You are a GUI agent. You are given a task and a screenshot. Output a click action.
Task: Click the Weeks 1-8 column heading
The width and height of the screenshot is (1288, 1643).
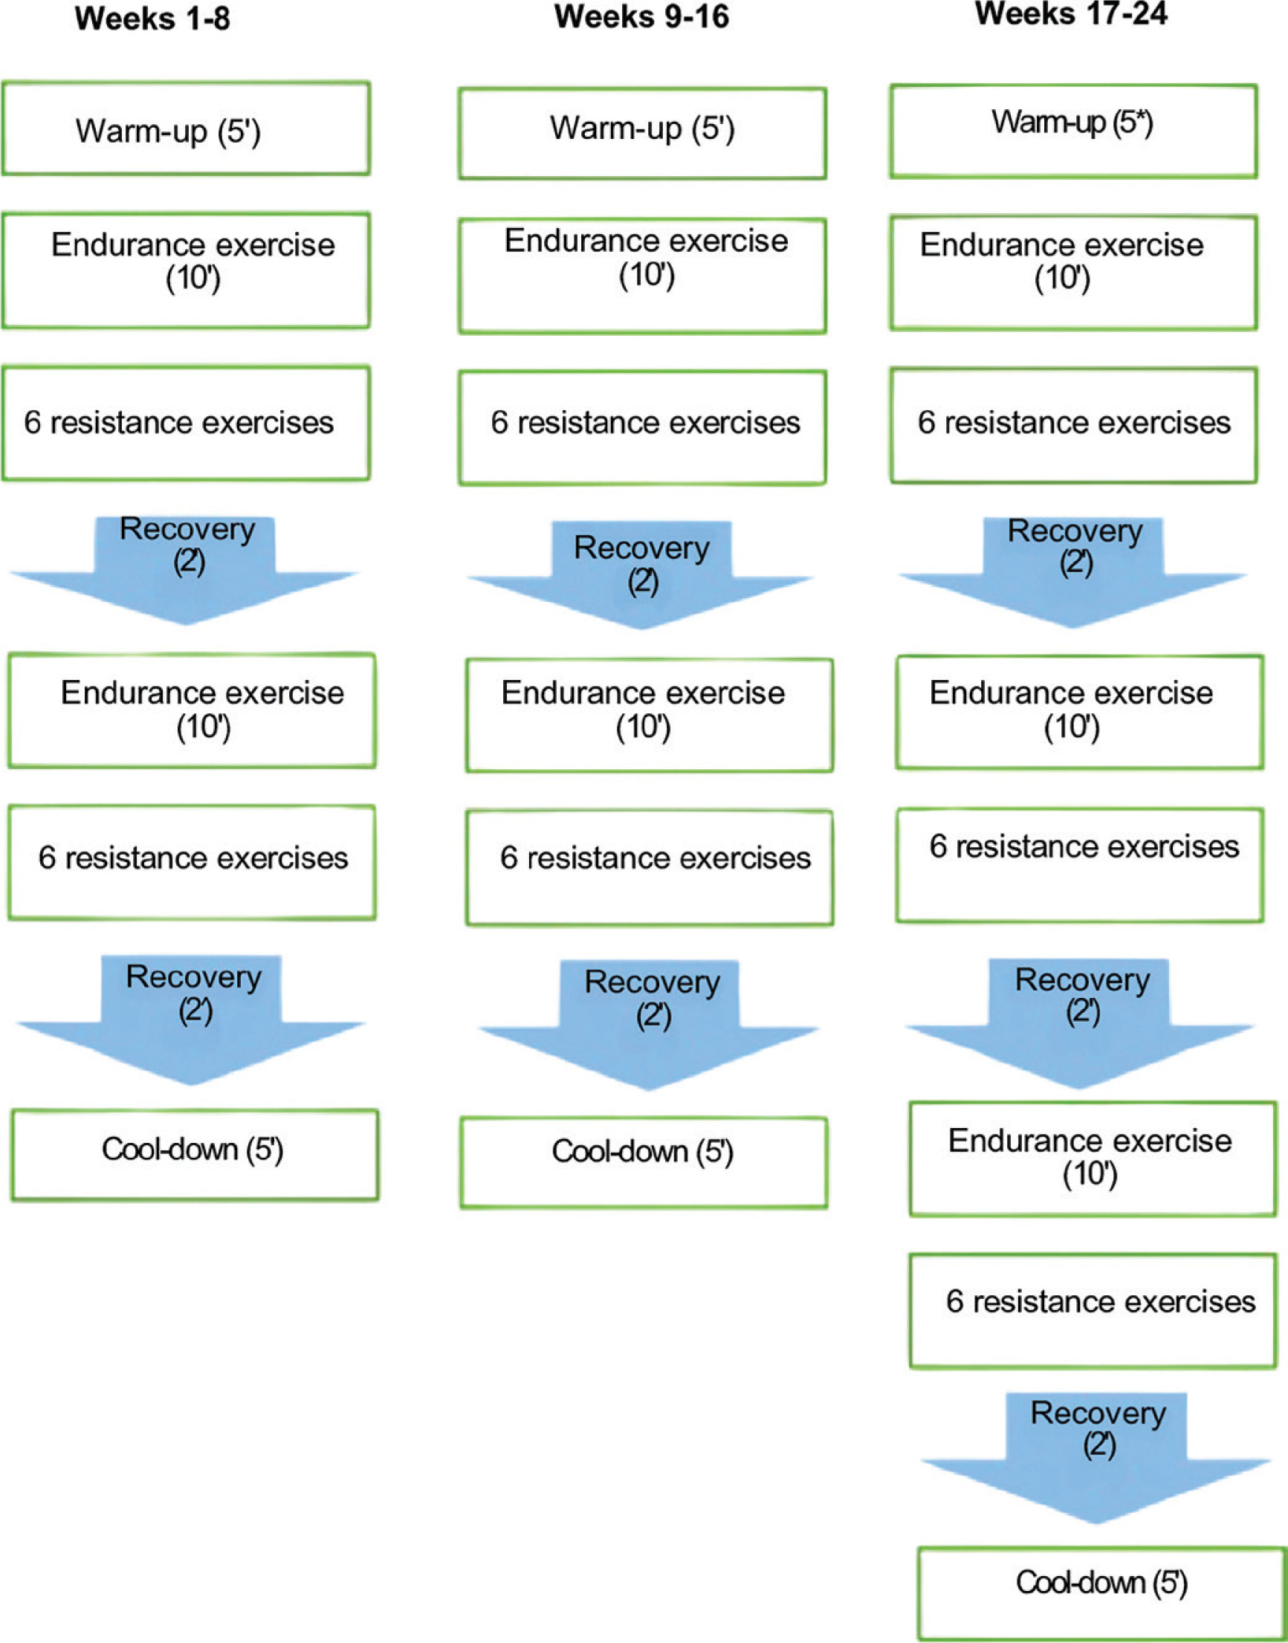pyautogui.click(x=152, y=19)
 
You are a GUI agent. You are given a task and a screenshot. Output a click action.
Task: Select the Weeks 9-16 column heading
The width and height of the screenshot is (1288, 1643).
pyautogui.click(x=641, y=16)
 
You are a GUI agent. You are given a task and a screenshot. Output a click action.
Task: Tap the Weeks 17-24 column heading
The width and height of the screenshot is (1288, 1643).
pyautogui.click(x=1071, y=13)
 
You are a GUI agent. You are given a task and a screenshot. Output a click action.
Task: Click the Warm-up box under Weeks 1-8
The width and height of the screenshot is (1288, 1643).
pyautogui.click(x=186, y=129)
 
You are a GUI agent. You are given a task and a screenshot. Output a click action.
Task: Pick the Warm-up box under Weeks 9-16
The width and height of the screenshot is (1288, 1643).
pyautogui.click(x=642, y=134)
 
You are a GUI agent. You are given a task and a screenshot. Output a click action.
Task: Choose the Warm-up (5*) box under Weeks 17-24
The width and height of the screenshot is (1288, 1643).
pyautogui.click(x=1073, y=132)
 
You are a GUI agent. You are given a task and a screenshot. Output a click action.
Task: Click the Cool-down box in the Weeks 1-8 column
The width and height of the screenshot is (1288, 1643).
pyautogui.click(x=195, y=1154)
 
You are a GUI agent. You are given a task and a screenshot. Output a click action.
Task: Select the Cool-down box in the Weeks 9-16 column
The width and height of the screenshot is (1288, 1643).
pyautogui.click(x=644, y=1163)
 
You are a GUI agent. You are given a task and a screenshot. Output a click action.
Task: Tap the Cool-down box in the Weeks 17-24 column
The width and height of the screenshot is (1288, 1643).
pyautogui.click(x=1101, y=1592)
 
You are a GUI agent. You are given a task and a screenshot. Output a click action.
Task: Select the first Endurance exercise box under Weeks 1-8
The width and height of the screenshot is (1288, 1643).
pyautogui.click(x=186, y=270)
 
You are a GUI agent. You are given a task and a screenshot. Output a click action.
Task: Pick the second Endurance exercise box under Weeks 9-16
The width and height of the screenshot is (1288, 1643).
pyautogui.click(x=650, y=715)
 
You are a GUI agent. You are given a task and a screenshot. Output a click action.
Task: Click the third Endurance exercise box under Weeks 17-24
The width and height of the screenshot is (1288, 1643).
pyautogui.click(x=1092, y=1158)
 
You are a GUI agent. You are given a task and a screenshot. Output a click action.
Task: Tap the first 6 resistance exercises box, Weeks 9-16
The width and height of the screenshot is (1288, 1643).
pyautogui.click(x=642, y=427)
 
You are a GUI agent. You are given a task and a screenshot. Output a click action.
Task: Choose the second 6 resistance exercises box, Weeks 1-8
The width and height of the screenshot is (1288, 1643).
pyautogui.click(x=192, y=862)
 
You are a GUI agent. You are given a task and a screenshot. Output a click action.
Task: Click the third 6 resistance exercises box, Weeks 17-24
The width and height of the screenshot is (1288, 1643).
pyautogui.click(x=1092, y=1311)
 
